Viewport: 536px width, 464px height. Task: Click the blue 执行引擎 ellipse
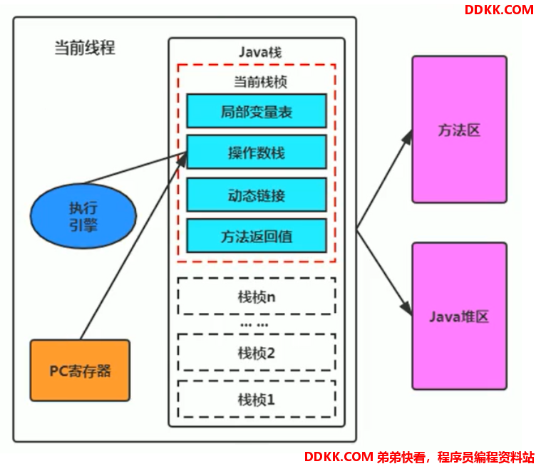(x=83, y=216)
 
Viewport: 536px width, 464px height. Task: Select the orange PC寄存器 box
(x=80, y=371)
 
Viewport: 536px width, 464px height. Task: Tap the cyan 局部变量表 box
(x=257, y=111)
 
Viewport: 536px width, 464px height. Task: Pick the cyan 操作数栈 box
(x=257, y=152)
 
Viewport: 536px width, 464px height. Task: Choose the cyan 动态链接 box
(x=257, y=195)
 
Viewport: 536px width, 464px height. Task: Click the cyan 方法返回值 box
(x=257, y=236)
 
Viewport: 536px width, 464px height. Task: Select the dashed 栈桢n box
(x=257, y=296)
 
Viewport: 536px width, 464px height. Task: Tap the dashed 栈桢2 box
(x=257, y=353)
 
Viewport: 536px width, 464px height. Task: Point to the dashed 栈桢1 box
(x=257, y=399)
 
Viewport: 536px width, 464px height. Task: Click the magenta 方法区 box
(x=460, y=130)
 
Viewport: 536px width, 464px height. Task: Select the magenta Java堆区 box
(x=460, y=316)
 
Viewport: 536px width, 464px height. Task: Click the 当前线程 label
(x=85, y=48)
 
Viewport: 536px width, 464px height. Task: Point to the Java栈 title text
(x=260, y=52)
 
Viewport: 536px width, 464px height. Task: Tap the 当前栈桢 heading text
(x=260, y=82)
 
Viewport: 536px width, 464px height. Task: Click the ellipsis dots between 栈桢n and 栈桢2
(x=254, y=325)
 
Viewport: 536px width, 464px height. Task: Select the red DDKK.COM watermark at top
(x=499, y=10)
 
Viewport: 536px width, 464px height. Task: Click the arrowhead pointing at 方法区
(x=408, y=137)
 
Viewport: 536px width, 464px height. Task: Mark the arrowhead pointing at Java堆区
(x=406, y=307)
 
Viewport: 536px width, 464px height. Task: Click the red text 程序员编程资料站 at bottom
(x=486, y=457)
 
